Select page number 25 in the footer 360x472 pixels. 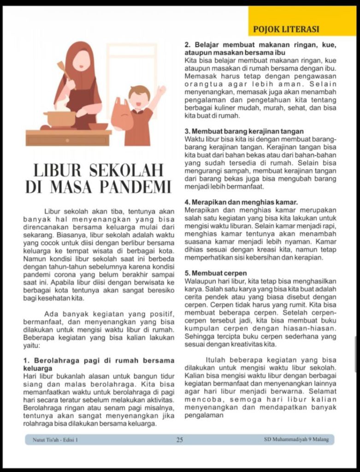pyautogui.click(x=179, y=440)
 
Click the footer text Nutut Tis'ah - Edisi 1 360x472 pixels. pyautogui.click(x=55, y=440)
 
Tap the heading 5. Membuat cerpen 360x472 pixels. pyautogui.click(x=215, y=273)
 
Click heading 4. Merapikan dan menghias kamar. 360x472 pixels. pyautogui.click(x=241, y=202)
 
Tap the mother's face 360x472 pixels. pyautogui.click(x=82, y=60)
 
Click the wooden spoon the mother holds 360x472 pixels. pyautogui.click(x=63, y=70)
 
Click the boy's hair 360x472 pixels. pyautogui.click(x=139, y=91)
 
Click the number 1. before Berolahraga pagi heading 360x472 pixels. pyautogui.click(x=26, y=360)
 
